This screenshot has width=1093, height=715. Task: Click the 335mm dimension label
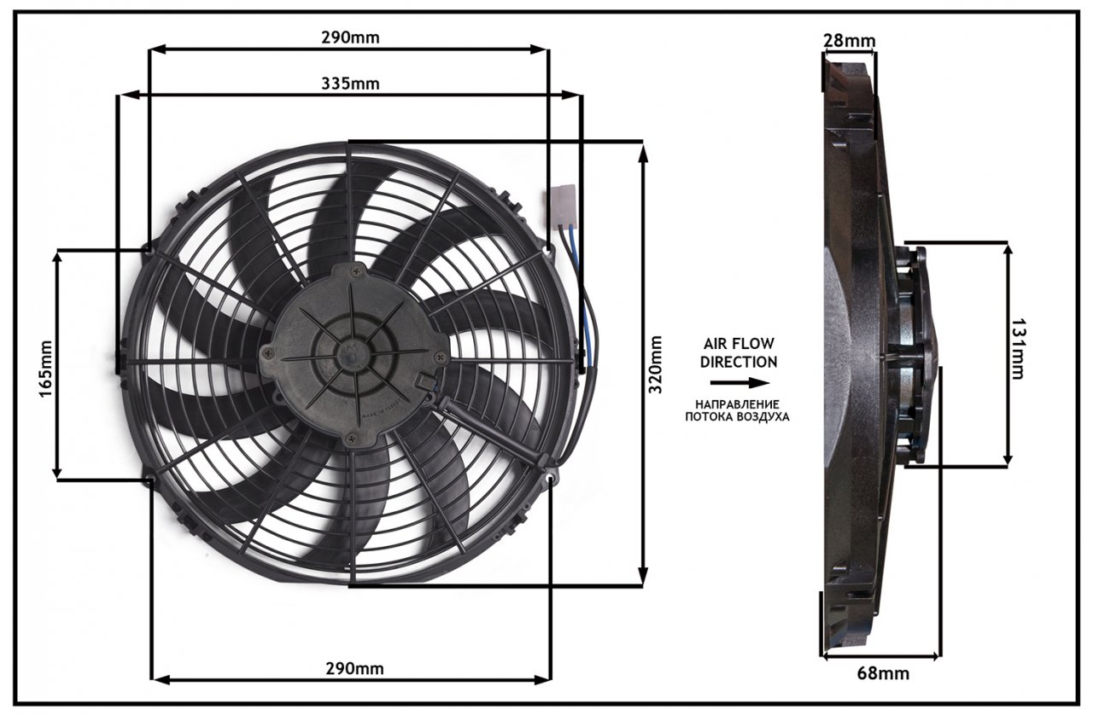pyautogui.click(x=350, y=84)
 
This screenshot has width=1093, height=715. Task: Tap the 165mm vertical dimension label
pyautogui.click(x=45, y=369)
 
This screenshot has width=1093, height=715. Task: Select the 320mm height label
pyautogui.click(x=655, y=364)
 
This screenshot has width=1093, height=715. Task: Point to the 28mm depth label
pyautogui.click(x=849, y=40)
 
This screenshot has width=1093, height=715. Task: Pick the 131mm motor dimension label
pyautogui.click(x=1017, y=350)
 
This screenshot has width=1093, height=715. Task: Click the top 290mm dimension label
pyautogui.click(x=350, y=38)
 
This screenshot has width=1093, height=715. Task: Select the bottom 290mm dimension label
pyautogui.click(x=354, y=669)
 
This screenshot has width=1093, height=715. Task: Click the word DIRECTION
pyautogui.click(x=739, y=362)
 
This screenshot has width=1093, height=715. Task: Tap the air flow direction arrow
pyautogui.click(x=739, y=383)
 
